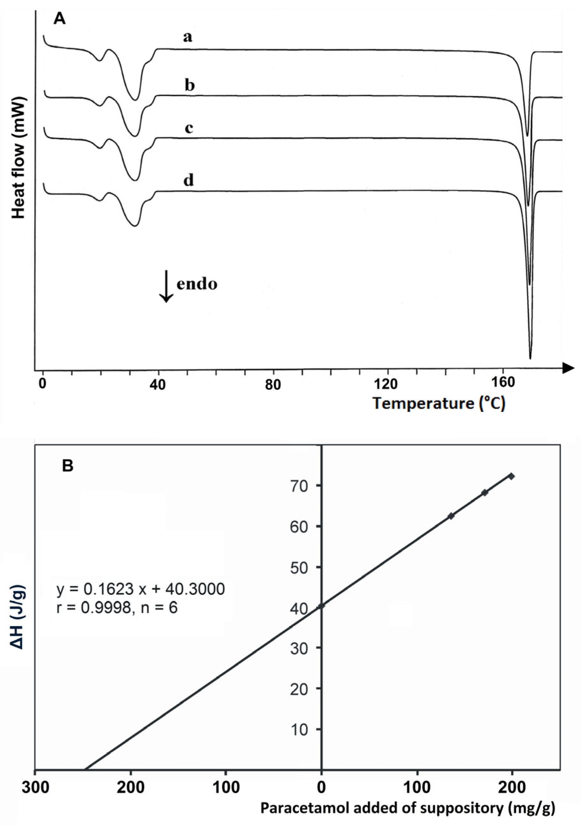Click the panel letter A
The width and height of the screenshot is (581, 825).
pos(60,19)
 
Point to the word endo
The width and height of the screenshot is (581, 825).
pos(197,284)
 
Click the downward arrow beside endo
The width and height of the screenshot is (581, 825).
pos(166,286)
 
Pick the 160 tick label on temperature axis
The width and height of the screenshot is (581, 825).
pos(503,384)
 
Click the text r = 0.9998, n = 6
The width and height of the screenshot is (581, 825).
pos(117,608)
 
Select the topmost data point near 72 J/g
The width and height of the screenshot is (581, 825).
pos(511,476)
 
